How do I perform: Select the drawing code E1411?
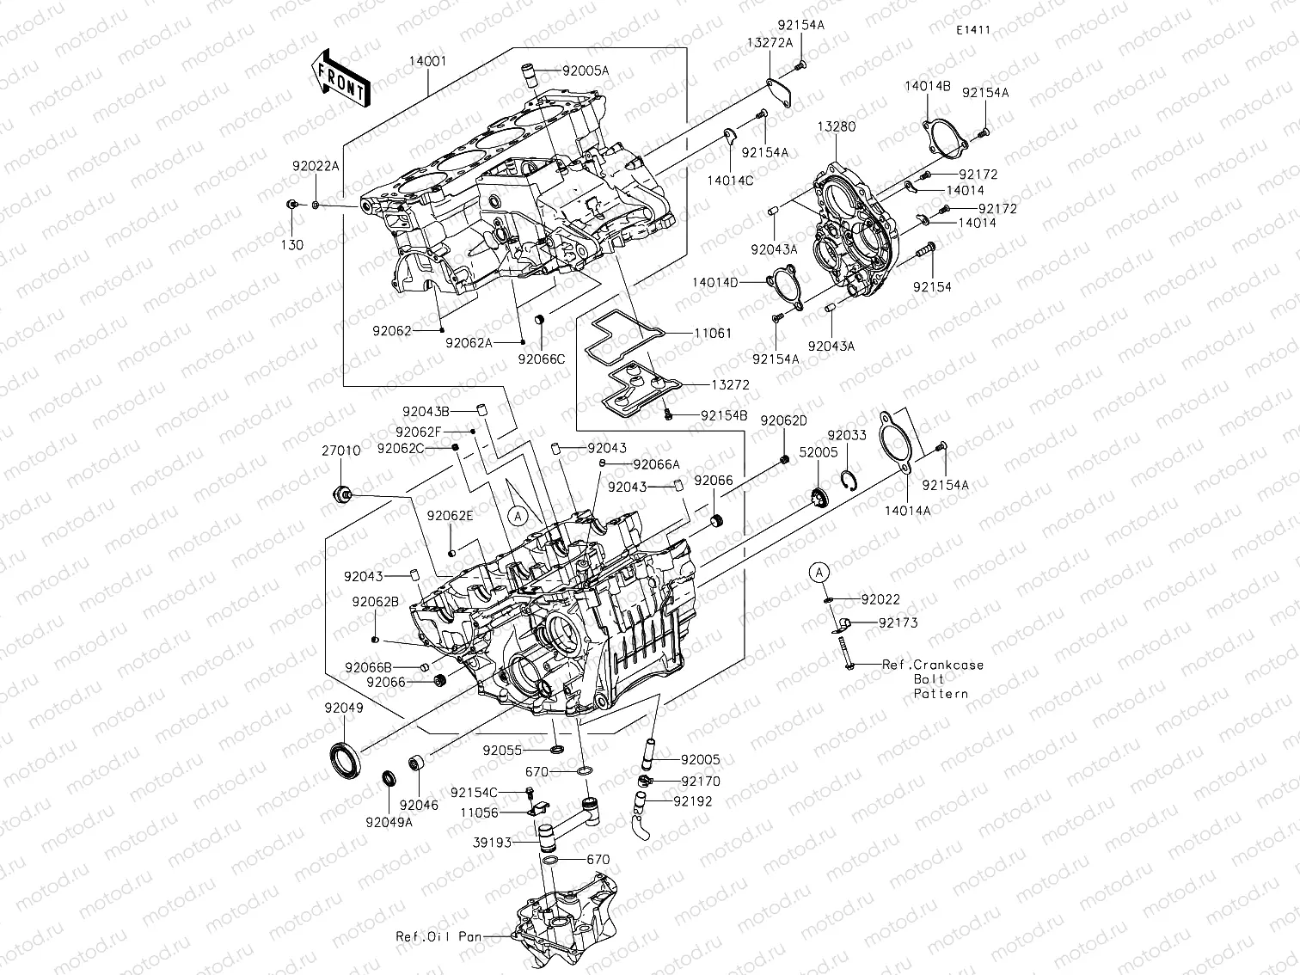pos(972,30)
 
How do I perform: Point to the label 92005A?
pos(586,71)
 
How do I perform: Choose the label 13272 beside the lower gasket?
pos(730,385)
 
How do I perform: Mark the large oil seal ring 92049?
pos(346,757)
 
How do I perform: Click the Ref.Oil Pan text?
pos(438,937)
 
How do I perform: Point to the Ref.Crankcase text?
pos(934,665)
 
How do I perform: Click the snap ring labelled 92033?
pos(847,481)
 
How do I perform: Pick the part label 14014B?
pos(927,86)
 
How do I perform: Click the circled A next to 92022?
pos(819,571)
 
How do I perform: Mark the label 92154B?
pos(724,415)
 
